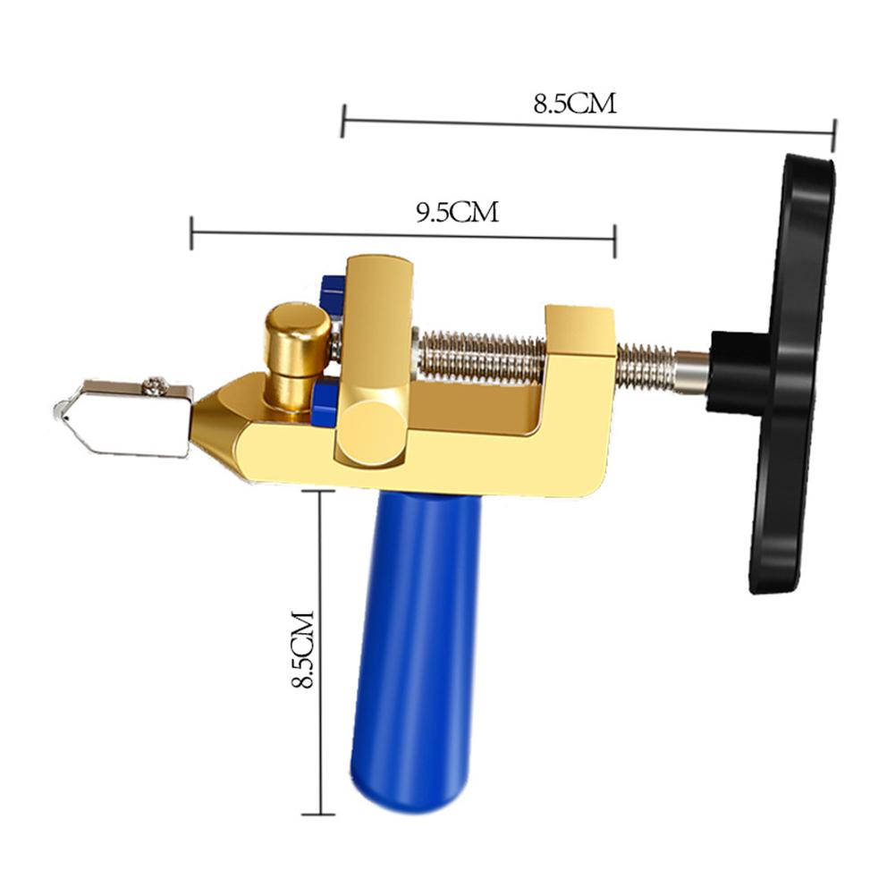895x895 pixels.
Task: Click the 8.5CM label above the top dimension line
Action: (575, 103)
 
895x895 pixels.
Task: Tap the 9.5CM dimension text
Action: (457, 212)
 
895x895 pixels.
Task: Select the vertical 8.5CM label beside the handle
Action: (304, 650)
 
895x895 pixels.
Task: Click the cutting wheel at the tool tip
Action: (60, 411)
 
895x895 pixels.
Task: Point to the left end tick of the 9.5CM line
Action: (191, 232)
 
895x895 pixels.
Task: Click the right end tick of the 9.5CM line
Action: (615, 239)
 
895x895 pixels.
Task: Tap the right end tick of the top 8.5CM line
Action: (833, 135)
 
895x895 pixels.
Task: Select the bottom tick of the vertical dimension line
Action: (318, 814)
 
